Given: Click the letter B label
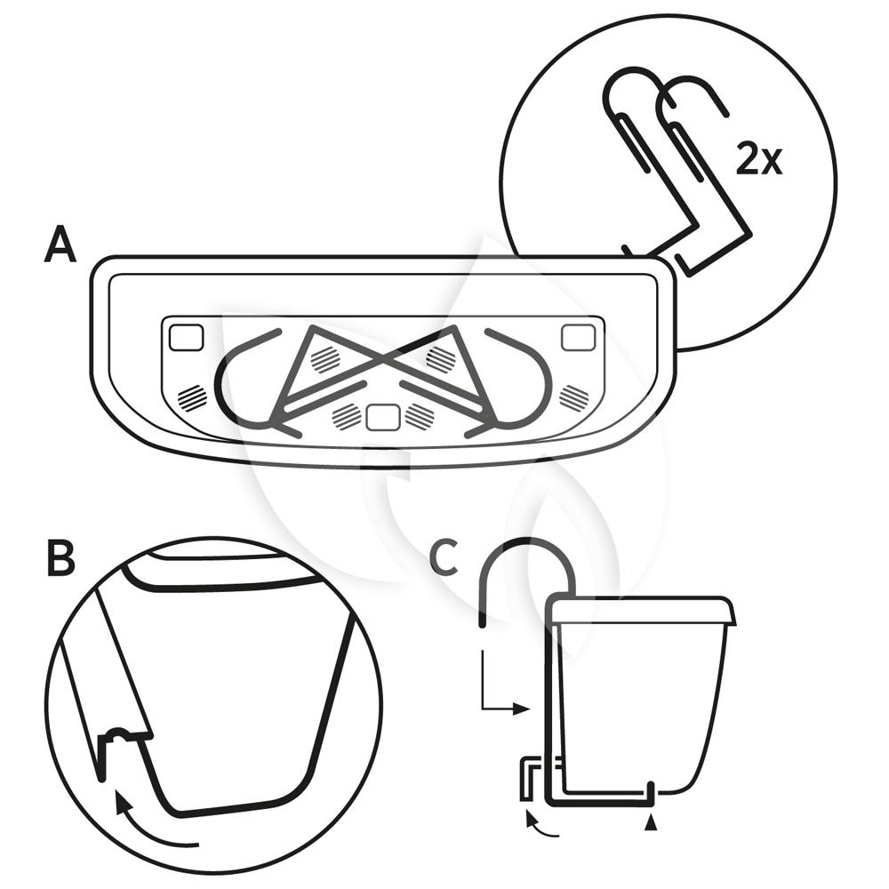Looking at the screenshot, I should pos(60,558).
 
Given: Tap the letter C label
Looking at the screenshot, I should pos(444,557).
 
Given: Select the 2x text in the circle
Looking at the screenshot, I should pos(759,160).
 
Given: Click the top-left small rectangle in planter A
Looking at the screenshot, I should pos(186,337).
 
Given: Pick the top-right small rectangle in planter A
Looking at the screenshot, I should pos(578,337).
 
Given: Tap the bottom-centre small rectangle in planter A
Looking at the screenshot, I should pos(382,415).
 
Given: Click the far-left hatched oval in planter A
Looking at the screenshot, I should pos(192,397).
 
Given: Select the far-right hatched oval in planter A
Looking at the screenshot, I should pos(573,397).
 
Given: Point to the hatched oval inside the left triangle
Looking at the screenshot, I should pos(324,358).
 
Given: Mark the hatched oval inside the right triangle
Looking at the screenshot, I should pos(440,358).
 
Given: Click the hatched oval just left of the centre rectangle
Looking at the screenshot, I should pos(346,414).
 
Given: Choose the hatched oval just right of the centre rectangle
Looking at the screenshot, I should pos(419,414).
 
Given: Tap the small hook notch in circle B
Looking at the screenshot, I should pos(120,736).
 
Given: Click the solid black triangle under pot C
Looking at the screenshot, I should pos(653,825).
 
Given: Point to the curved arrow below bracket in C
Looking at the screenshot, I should pos(541,825).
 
